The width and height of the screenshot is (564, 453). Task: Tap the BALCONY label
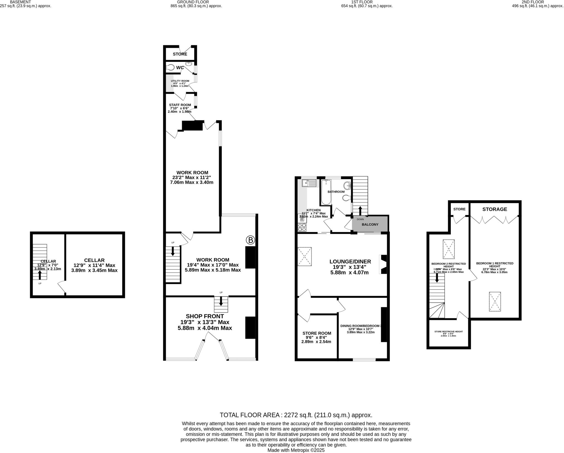370,224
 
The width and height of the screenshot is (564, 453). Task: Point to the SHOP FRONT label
205,316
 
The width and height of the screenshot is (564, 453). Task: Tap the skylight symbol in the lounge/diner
305,257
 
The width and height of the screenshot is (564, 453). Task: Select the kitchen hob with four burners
302,227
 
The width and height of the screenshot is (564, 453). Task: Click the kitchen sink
309,183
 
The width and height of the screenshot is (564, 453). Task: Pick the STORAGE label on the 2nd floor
494,209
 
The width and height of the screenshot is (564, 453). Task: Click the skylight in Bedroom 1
495,301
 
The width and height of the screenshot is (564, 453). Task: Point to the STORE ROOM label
317,333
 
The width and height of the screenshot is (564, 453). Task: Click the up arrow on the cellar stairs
40,275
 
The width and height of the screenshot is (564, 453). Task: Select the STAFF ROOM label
180,105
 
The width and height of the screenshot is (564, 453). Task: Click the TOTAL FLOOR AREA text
296,415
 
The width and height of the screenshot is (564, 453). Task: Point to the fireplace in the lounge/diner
383,264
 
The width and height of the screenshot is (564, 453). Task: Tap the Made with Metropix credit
296,450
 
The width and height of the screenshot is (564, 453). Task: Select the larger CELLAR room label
94,260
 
